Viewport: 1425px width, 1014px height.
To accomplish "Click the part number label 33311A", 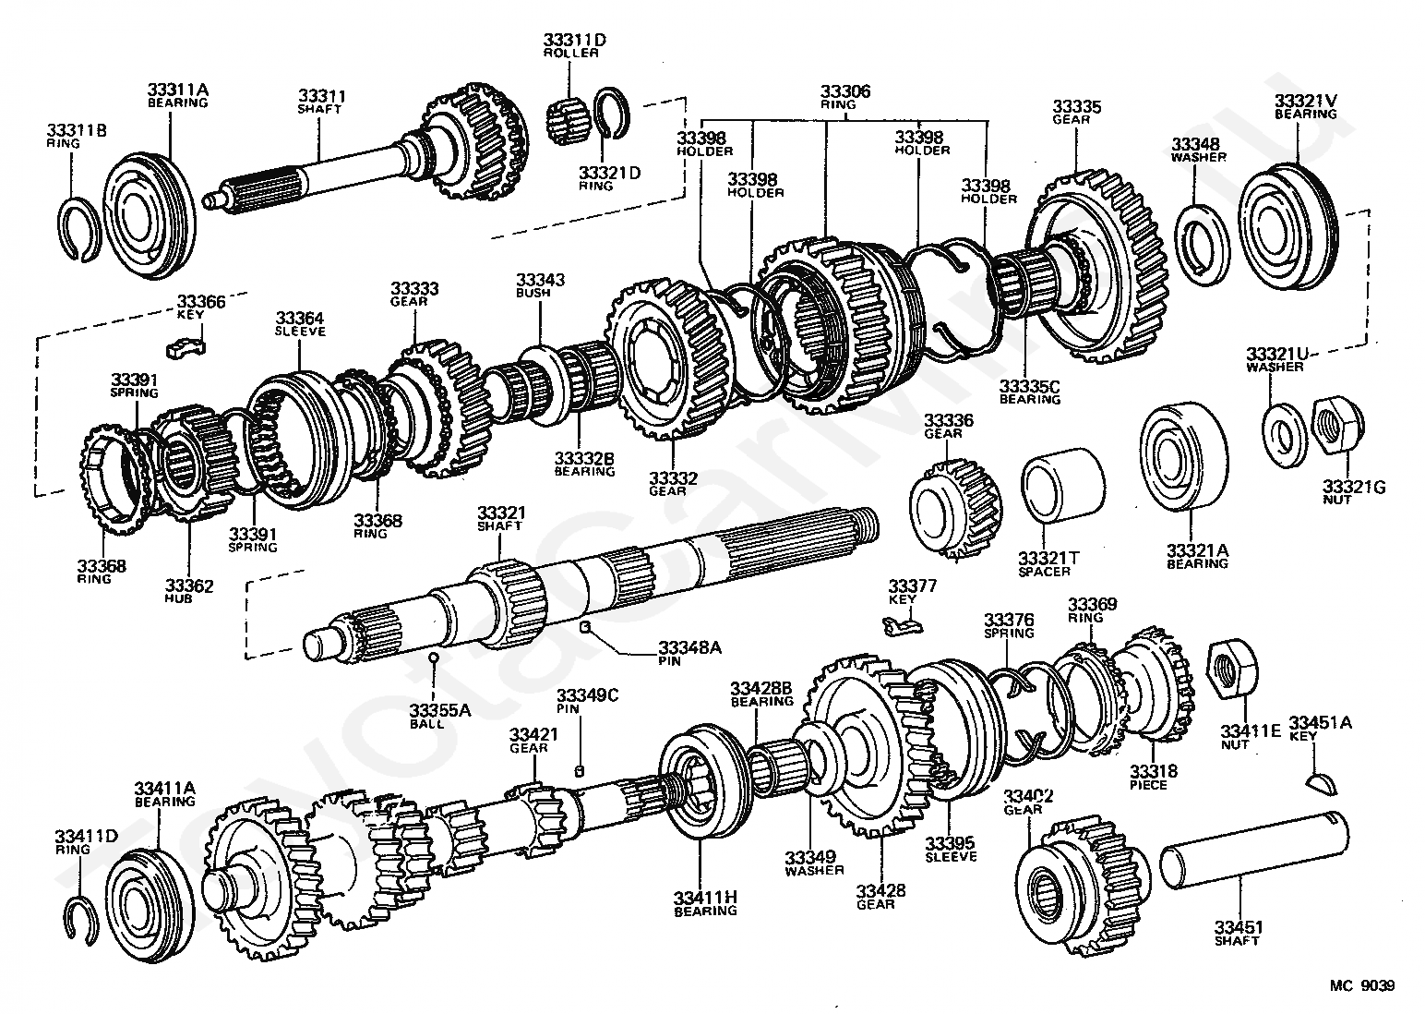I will click(x=177, y=90).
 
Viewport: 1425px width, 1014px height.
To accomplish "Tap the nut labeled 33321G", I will click(x=1336, y=427).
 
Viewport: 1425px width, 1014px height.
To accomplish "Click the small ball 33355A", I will click(x=434, y=657).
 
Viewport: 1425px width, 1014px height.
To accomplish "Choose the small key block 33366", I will click(x=186, y=347).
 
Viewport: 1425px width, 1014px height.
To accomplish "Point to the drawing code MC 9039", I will click(x=1361, y=985).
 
